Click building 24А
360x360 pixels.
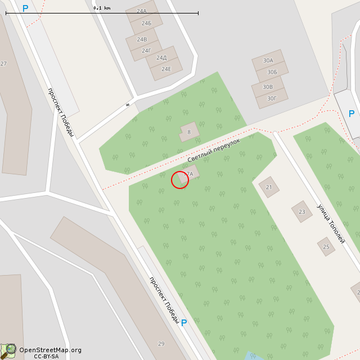pyautogui.click(x=141, y=11)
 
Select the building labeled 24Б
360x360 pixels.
pyautogui.click(x=146, y=24)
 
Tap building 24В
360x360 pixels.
pyautogui.click(x=142, y=39)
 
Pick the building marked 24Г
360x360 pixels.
pyautogui.click(x=146, y=51)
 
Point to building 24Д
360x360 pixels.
pyautogui.click(x=161, y=58)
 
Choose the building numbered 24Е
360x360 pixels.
pyautogui.click(x=166, y=69)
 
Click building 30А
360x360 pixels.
pyautogui.click(x=268, y=61)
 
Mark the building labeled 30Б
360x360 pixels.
pyautogui.click(x=272, y=72)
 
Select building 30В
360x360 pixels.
pyautogui.click(x=268, y=87)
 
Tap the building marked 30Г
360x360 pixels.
pyautogui.click(x=272, y=98)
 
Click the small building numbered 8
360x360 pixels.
pyautogui.click(x=189, y=132)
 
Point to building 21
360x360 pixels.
pyautogui.click(x=269, y=187)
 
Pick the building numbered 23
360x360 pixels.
pyautogui.click(x=301, y=211)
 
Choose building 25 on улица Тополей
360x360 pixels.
pyautogui.click(x=326, y=246)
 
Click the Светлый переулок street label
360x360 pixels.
pyautogui.click(x=214, y=151)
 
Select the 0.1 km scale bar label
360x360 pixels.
pyautogui.click(x=102, y=8)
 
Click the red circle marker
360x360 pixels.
pyautogui.click(x=180, y=180)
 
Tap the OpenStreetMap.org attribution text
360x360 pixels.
pyautogui.click(x=50, y=350)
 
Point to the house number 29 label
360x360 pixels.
pyautogui.click(x=161, y=344)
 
